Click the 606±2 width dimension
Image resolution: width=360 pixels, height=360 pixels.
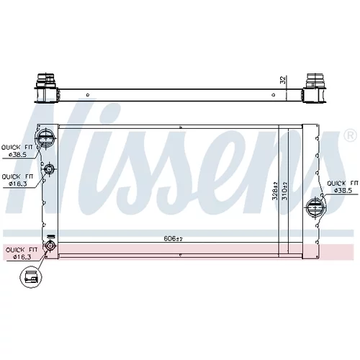pos(174,238)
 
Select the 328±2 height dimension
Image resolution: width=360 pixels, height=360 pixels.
pos(275,191)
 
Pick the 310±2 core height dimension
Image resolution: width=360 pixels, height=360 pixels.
pos(284,191)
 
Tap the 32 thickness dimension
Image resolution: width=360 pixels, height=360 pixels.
pos(283,80)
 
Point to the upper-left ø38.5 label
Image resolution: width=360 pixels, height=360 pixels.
pos(17,155)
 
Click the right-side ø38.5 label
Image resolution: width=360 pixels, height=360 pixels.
pos(343,191)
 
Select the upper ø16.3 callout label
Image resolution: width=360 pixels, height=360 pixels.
pos(17,184)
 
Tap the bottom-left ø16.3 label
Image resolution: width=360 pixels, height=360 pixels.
pos(22,257)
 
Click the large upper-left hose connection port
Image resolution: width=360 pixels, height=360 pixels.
pos(45,138)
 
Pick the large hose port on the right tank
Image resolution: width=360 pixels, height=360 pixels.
pos(316,207)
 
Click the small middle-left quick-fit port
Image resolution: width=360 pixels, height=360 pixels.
pos(49,169)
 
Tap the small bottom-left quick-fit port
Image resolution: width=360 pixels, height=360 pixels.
pos(50,246)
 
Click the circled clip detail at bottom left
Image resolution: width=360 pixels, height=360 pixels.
pos(31,276)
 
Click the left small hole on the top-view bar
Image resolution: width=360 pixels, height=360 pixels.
pos(88,95)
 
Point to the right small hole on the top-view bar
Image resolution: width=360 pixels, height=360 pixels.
pos(274,95)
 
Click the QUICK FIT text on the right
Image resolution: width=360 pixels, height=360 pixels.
pos(343,184)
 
